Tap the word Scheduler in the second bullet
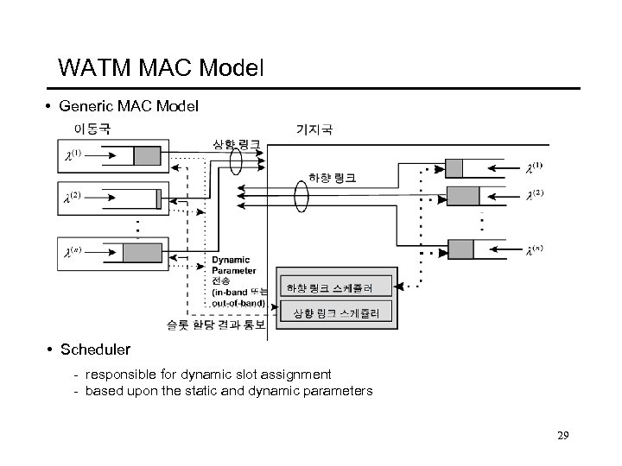pos(95,349)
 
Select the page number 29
pos(562,435)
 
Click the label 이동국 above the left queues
pos(91,129)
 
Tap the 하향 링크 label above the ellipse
pos(332,178)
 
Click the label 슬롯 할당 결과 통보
pos(216,325)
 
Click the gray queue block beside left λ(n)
pos(142,254)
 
